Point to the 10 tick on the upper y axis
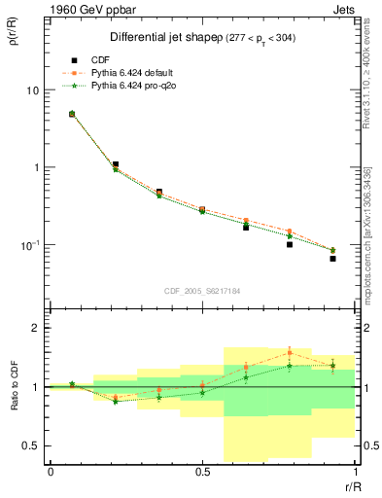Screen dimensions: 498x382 34,89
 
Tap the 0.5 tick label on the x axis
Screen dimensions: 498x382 201,472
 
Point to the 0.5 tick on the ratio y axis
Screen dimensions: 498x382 32,446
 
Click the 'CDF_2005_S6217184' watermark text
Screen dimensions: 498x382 201,290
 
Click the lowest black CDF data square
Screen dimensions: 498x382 332,259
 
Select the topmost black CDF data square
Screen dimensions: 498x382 72,114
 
